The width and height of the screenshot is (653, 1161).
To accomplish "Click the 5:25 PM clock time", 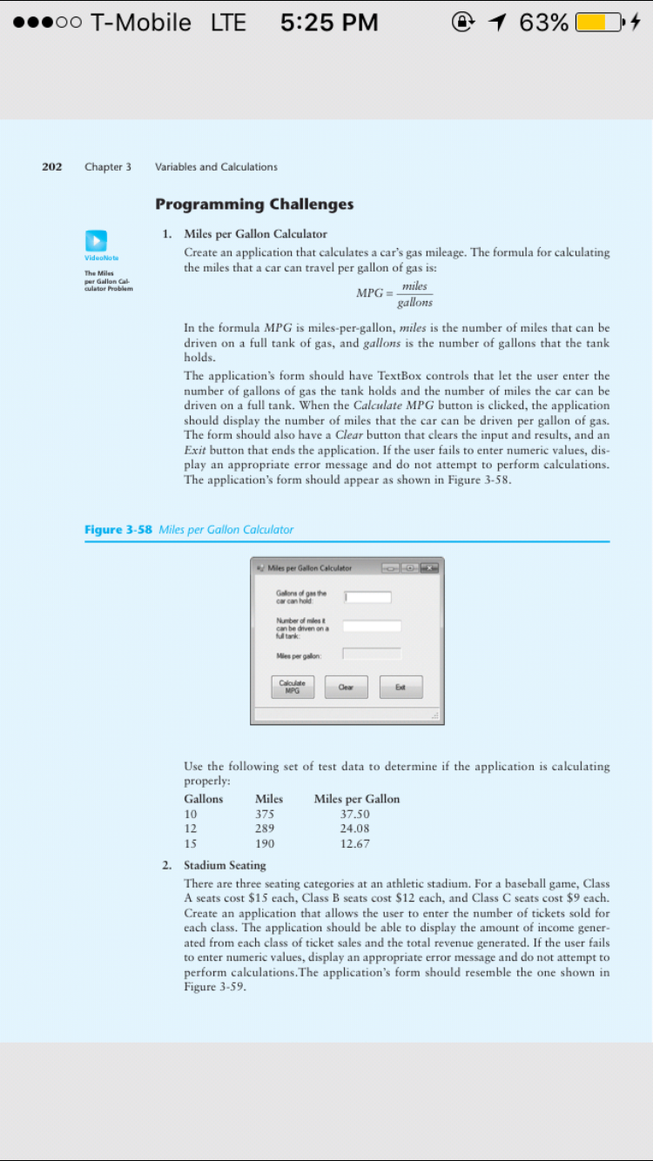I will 329,23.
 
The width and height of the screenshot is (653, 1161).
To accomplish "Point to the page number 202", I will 52,166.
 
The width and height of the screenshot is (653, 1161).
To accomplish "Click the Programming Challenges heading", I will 254,205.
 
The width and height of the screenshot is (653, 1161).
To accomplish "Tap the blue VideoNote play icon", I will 96,240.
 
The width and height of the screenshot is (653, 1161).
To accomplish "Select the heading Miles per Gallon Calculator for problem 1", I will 255,233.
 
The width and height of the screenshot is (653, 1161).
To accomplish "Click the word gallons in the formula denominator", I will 414,303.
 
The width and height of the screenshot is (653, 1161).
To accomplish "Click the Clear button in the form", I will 346,687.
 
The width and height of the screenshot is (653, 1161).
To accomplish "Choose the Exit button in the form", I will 401,687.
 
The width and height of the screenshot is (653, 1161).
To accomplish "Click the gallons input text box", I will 367,597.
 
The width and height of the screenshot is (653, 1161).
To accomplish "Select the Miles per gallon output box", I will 372,654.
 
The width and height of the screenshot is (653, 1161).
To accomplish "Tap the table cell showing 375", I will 265,814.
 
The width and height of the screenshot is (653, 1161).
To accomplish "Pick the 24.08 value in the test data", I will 354,829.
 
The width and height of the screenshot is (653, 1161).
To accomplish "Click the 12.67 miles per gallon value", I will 354,843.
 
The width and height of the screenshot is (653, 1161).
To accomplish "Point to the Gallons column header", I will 203,799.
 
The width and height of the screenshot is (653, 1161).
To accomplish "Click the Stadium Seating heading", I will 225,865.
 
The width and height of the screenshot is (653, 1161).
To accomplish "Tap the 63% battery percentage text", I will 543,23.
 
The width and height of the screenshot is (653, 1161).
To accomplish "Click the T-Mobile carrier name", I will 141,23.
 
